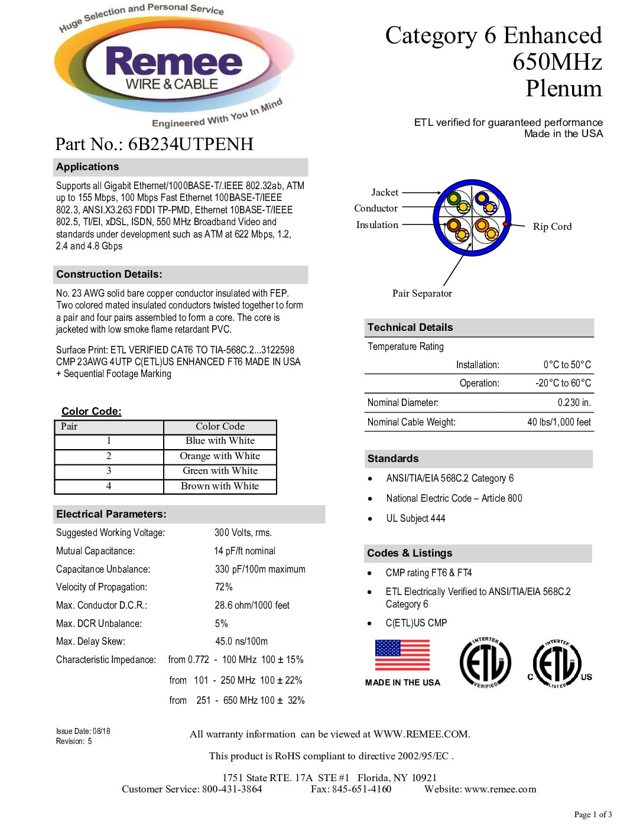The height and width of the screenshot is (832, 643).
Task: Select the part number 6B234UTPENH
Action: [x=190, y=144]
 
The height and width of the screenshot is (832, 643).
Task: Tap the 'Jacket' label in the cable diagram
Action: [x=385, y=193]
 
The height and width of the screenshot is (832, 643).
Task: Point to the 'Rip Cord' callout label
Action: [x=552, y=227]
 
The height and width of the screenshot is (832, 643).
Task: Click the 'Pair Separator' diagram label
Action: [x=422, y=294]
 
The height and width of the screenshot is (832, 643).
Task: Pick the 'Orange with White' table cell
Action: [x=220, y=456]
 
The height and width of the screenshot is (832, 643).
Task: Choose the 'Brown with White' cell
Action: [x=220, y=486]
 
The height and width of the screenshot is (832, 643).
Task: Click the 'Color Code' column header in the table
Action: [x=220, y=427]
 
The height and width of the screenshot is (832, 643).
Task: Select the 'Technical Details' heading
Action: [x=410, y=327]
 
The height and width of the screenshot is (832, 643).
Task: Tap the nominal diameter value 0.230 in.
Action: [x=574, y=403]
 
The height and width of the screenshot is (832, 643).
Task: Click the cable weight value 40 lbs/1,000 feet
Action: [x=558, y=422]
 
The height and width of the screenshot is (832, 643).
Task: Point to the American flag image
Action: [x=402, y=655]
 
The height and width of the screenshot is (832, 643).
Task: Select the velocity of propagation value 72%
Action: [x=223, y=587]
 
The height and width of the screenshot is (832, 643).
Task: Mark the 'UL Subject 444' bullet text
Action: [x=415, y=519]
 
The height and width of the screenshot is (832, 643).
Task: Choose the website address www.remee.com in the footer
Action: [x=500, y=789]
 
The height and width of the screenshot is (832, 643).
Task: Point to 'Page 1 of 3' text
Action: [x=593, y=815]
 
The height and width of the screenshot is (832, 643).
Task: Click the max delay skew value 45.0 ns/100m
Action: [x=241, y=642]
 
